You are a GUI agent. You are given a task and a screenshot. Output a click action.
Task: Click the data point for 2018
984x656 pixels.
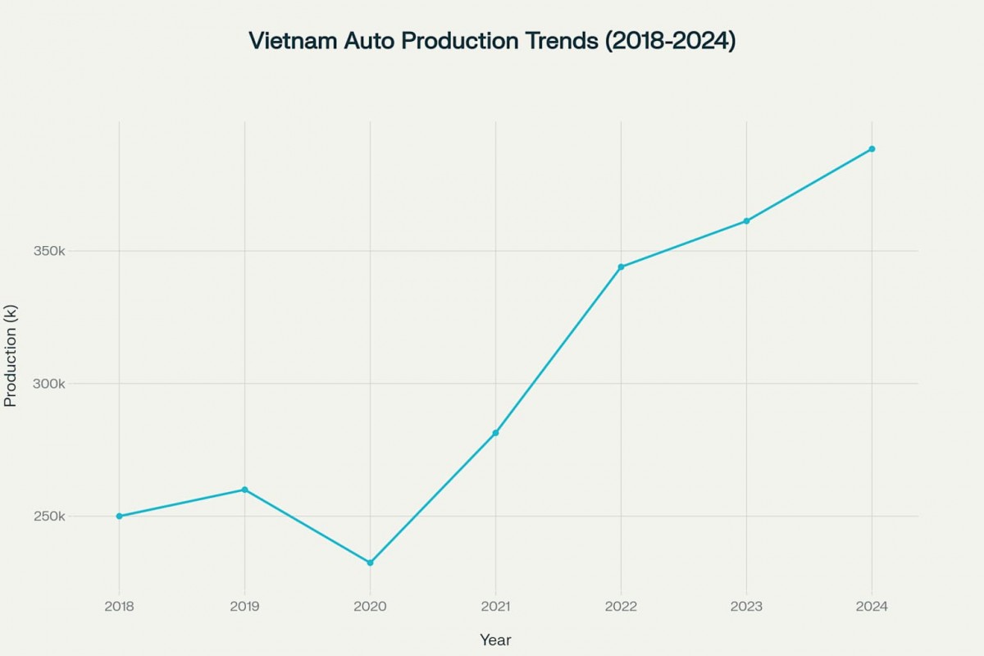119,516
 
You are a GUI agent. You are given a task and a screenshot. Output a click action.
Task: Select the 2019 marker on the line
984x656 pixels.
244,490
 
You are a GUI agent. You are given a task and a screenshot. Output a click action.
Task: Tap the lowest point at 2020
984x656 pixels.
370,563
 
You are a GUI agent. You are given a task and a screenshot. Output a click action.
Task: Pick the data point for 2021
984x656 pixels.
495,433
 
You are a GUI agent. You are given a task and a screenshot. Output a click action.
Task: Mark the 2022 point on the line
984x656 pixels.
621,266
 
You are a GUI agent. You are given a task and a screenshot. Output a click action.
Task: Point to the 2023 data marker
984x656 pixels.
746,221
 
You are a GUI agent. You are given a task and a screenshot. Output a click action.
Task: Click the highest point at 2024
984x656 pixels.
872,149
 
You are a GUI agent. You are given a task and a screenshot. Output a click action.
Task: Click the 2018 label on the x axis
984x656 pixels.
119,607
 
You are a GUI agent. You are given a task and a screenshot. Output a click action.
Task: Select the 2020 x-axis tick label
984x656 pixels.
370,607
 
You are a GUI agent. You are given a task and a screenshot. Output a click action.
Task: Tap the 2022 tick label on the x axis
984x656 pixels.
621,607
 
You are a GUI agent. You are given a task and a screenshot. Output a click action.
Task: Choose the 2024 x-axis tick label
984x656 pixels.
872,607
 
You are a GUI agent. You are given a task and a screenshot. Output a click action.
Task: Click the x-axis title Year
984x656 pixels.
495,640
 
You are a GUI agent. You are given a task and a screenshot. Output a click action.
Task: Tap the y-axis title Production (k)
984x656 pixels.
11,355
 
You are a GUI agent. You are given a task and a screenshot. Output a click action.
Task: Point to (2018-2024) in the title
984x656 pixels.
670,41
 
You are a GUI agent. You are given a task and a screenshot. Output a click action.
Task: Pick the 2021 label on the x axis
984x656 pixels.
495,607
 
